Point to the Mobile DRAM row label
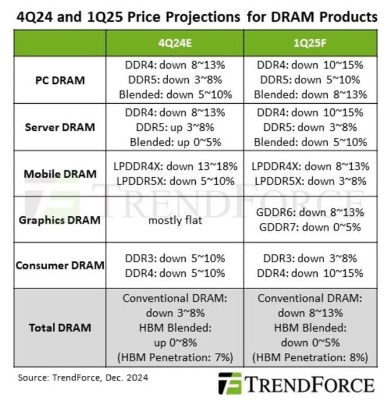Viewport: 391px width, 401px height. (60, 174)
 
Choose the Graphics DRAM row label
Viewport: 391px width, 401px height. (60, 220)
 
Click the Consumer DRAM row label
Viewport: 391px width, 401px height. (60, 265)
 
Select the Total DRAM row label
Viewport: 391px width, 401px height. (60, 327)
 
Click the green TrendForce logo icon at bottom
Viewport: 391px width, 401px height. (229, 385)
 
